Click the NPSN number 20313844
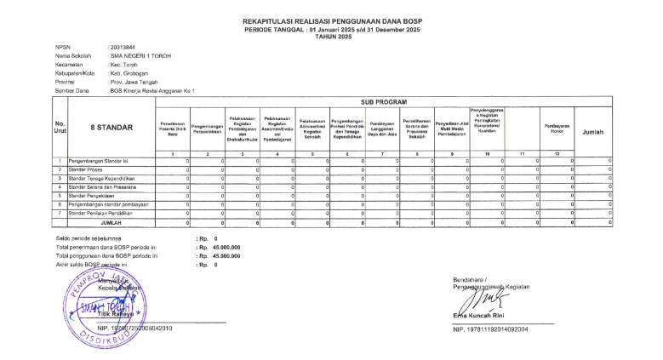click(123, 48)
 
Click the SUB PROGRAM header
click(383, 101)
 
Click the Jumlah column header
click(593, 133)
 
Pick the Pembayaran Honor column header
click(557, 129)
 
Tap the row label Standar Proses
click(87, 169)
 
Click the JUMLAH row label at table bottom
click(106, 222)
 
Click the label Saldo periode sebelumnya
click(90, 239)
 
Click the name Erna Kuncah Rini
click(482, 317)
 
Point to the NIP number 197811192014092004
click(491, 329)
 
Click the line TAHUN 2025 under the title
click(331, 37)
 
